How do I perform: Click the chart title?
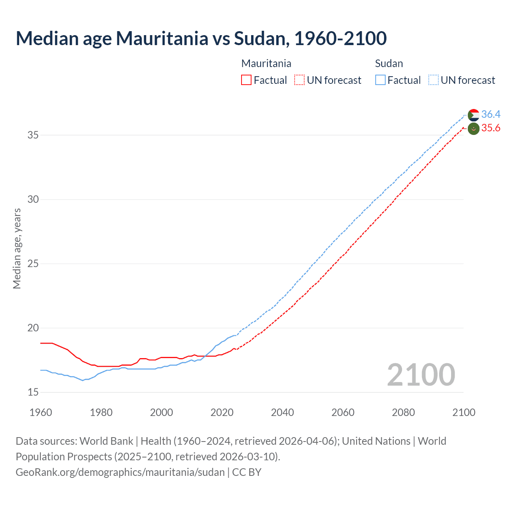201,38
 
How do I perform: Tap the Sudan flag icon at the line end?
473,115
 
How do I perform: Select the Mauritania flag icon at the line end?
473,129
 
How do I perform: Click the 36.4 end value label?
491,115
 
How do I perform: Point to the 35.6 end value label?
491,128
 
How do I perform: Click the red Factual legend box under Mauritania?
246,80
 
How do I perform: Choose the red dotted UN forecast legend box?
299,80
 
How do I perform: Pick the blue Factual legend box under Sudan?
380,80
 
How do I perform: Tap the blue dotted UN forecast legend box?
434,80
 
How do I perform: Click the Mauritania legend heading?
266,63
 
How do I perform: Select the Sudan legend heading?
389,63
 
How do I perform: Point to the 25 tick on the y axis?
33,264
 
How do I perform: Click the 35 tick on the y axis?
33,135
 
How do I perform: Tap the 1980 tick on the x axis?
101,412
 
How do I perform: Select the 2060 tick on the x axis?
343,412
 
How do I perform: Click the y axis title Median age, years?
17,248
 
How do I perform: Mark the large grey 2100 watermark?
421,374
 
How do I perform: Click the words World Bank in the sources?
106,441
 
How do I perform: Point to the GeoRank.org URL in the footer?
120,472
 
